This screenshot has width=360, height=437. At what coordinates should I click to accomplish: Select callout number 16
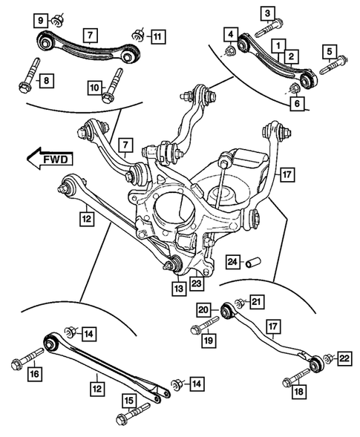[34, 375]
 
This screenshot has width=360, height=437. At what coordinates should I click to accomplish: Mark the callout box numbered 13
[177, 287]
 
